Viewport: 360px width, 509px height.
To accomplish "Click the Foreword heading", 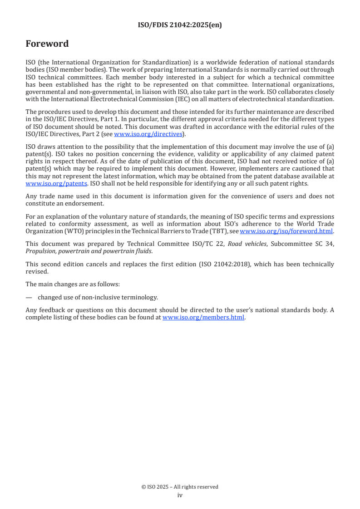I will [47, 44].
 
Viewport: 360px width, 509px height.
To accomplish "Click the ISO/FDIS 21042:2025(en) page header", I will [180, 25].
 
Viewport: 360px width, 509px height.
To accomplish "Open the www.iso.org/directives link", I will [148, 134].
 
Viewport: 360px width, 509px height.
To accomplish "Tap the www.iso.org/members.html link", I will [203, 318].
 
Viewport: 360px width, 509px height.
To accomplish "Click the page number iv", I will [180, 495].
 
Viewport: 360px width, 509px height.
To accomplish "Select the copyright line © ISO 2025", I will [180, 487].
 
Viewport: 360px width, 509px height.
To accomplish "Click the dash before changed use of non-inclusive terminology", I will [29, 297].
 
